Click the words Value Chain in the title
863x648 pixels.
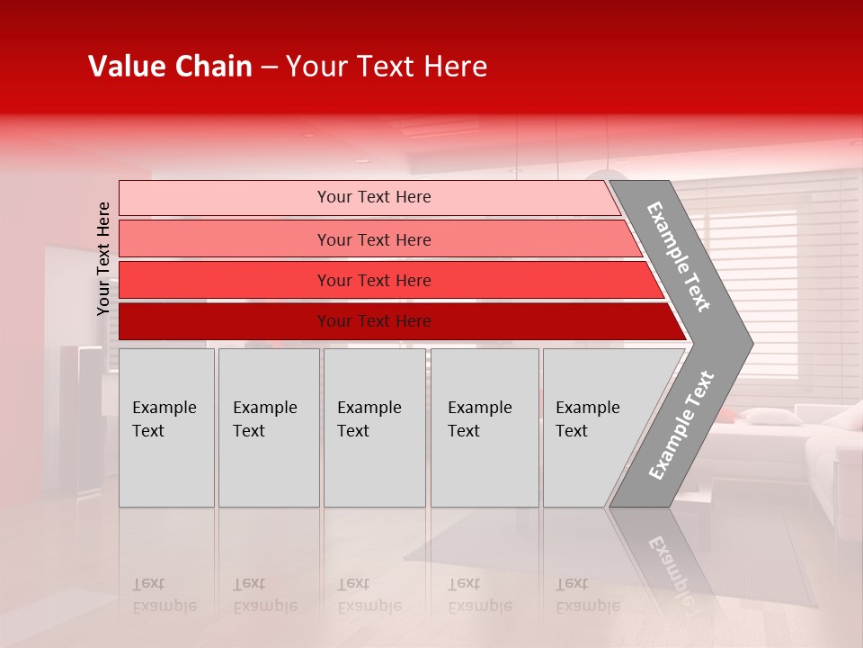(x=170, y=67)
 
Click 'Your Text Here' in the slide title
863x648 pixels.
(x=387, y=67)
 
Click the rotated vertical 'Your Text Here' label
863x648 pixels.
(x=103, y=258)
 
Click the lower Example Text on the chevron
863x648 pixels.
(x=681, y=426)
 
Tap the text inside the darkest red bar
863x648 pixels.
(x=374, y=321)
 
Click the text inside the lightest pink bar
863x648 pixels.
(x=374, y=197)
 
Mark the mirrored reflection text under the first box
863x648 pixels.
(x=165, y=595)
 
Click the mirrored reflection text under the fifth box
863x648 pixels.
(x=587, y=595)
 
